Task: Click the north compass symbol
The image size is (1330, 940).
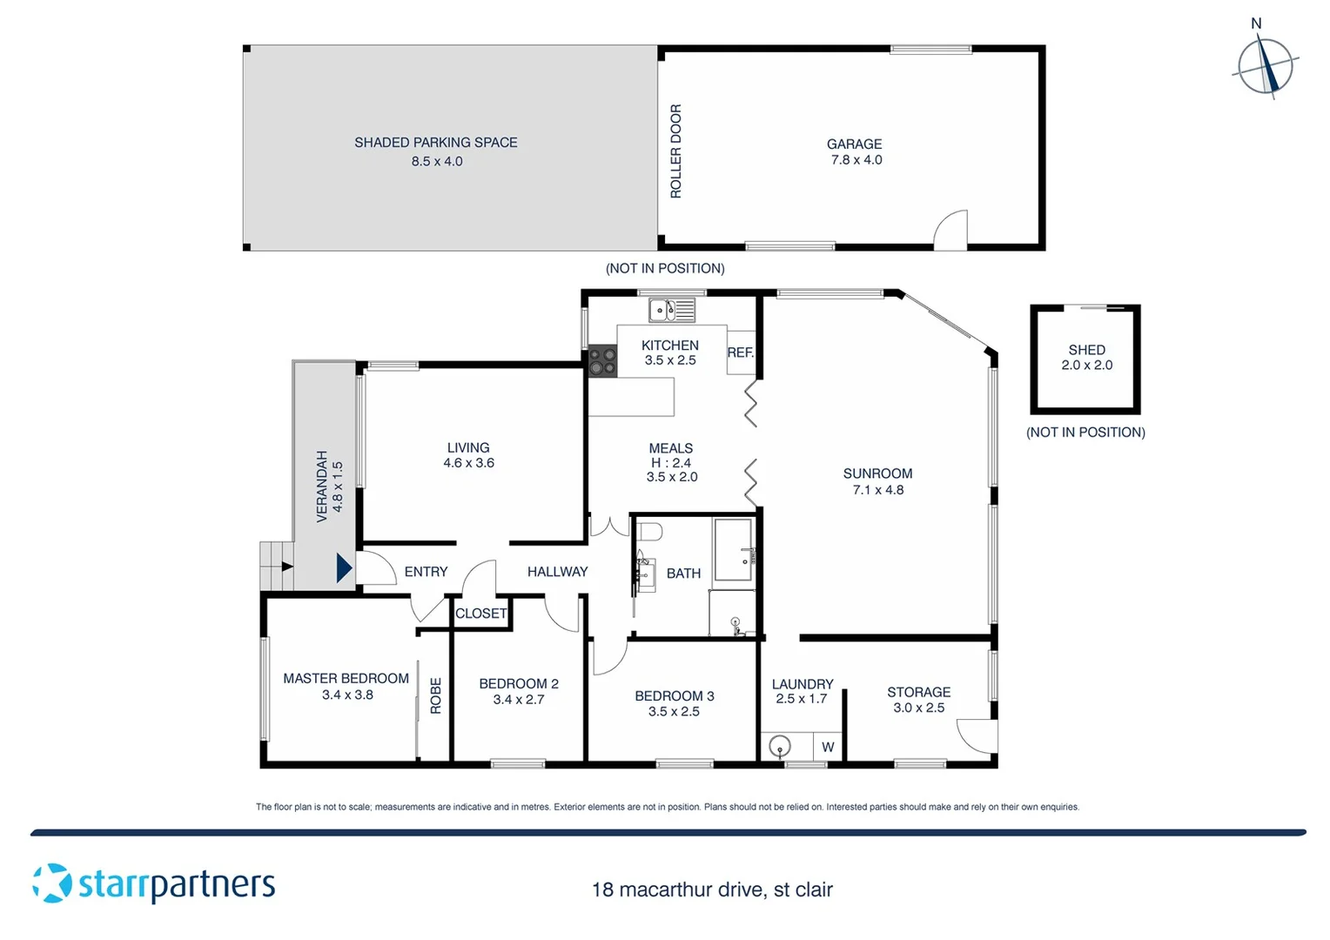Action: point(1266,66)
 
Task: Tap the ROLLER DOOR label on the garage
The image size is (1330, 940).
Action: point(675,151)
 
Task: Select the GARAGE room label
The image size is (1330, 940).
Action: point(854,144)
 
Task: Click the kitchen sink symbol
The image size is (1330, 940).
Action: point(671,309)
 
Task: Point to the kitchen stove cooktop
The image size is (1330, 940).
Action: point(602,361)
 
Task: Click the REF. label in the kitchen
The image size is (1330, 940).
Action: point(740,352)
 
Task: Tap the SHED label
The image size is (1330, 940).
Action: point(1086,350)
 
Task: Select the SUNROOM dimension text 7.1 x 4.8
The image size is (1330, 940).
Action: point(877,490)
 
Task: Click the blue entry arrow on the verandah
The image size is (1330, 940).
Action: point(344,568)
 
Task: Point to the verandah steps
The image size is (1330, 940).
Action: point(276,566)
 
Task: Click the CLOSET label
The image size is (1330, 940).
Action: point(480,614)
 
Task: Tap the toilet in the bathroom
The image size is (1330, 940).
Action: point(649,532)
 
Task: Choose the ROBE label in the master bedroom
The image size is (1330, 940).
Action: point(435,695)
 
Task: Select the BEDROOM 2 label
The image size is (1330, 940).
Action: point(519,684)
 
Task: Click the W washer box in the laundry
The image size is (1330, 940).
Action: point(827,747)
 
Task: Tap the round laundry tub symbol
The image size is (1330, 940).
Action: point(780,747)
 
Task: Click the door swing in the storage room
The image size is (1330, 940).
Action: point(977,735)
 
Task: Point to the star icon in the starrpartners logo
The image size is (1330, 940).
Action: point(52,883)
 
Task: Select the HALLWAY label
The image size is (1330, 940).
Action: point(557,572)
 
